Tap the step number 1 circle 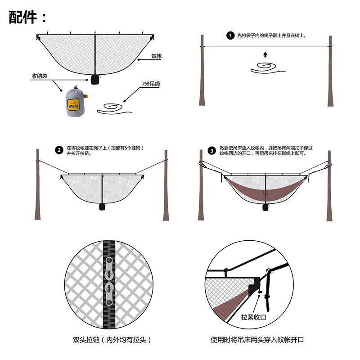point(230,36)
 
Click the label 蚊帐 point(156,56)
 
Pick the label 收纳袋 point(39,76)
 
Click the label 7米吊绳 point(149,84)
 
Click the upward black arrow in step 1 point(265,55)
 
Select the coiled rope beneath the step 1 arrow point(266,69)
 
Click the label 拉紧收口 point(254,317)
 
